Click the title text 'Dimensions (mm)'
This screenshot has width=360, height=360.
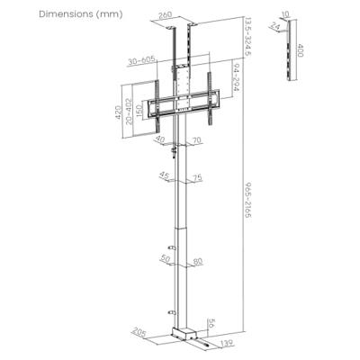54,14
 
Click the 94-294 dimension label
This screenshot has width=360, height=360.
234,79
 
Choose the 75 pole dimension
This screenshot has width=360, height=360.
196,178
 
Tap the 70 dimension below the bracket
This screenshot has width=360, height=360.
195,139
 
